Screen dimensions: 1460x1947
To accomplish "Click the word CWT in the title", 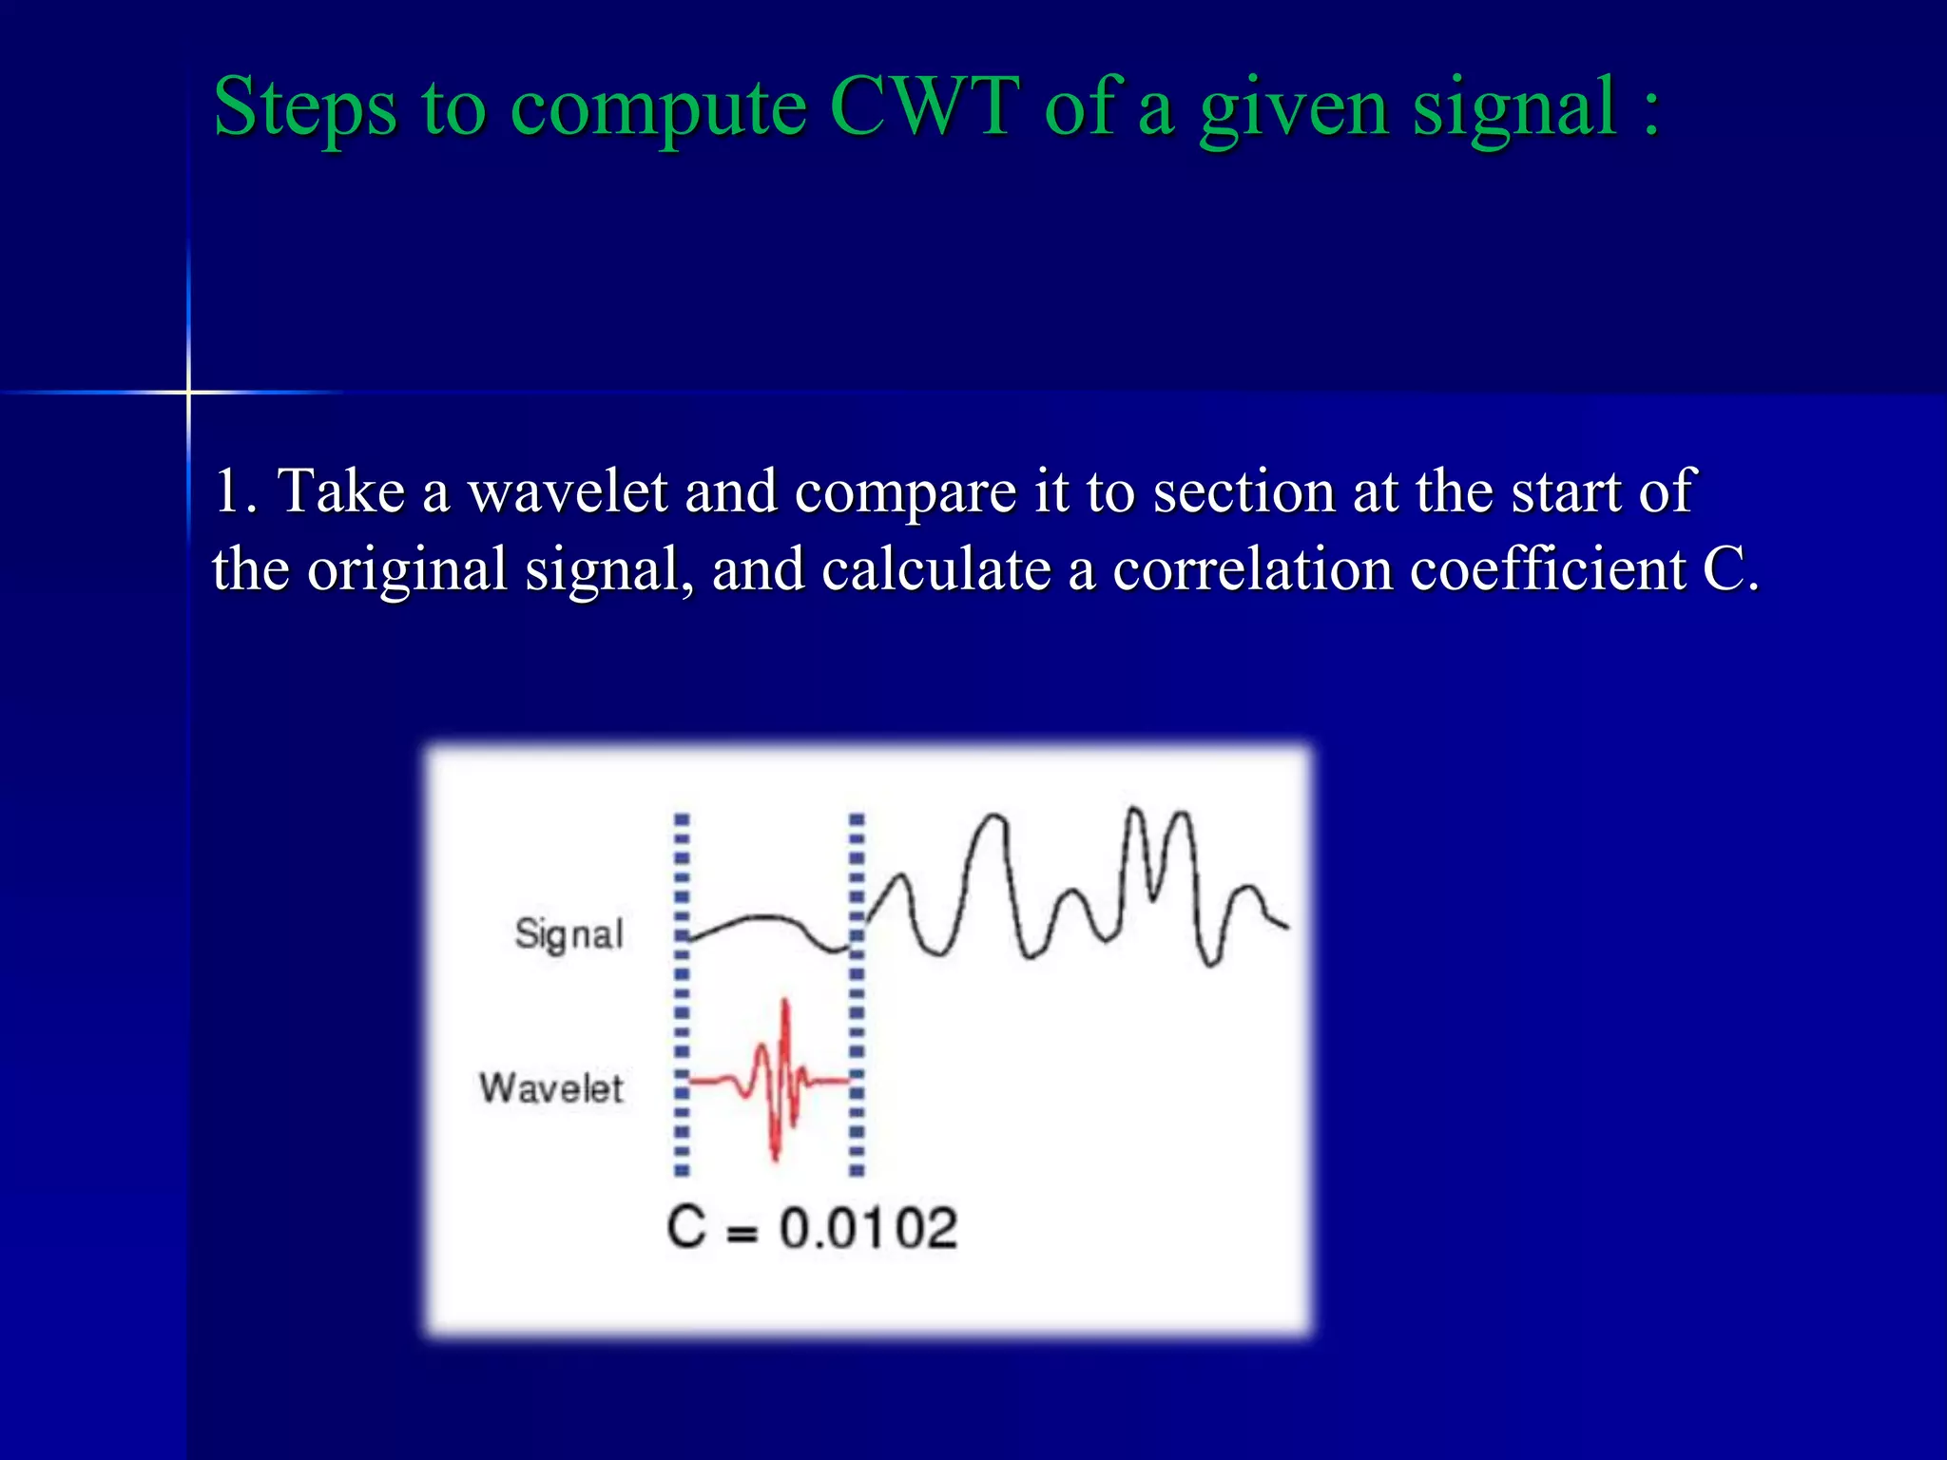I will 923,106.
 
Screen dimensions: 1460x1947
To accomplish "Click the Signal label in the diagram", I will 569,934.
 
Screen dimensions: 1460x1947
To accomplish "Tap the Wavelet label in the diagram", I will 551,1088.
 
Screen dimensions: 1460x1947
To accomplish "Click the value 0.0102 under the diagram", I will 868,1228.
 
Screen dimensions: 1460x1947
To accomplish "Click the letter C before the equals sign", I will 685,1227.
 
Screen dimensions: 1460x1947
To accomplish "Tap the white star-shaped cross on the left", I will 188,391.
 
